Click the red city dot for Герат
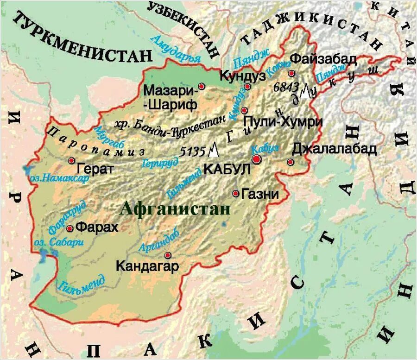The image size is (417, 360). click(x=71, y=160)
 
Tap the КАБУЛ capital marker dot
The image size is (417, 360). click(x=256, y=159)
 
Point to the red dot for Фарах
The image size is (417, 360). click(x=69, y=228)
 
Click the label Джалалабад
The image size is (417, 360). click(x=334, y=149)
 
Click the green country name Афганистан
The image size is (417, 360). click(x=175, y=209)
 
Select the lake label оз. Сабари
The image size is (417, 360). click(x=59, y=242)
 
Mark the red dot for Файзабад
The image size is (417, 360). click(x=291, y=74)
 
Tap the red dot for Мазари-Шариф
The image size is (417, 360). click(x=201, y=86)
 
